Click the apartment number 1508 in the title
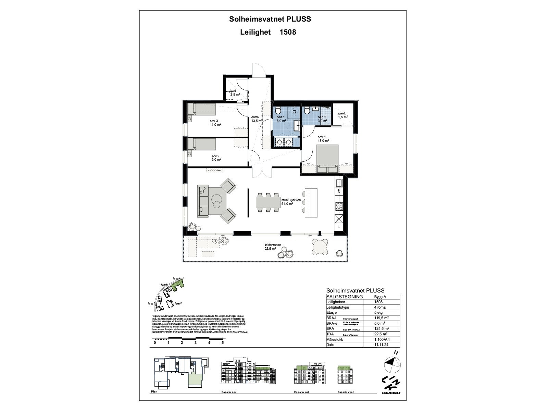pos(287,32)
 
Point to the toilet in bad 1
pos(278,111)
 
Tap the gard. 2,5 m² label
pos(342,115)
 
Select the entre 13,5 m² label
pos(257,119)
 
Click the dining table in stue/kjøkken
pos(267,203)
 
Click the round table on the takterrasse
pos(319,247)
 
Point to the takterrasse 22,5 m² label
pos(273,247)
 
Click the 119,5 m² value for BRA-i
pos(381,318)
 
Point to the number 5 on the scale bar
pos(223,342)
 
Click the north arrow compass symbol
pos(392,365)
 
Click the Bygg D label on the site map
pos(178,303)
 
